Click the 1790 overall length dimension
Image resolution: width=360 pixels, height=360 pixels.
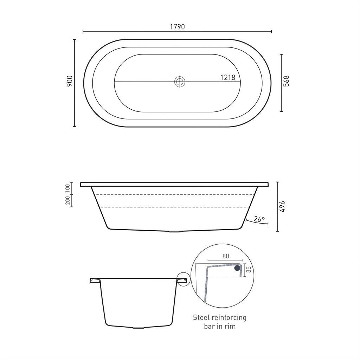point(177,27)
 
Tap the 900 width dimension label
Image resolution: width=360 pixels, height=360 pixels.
point(69,81)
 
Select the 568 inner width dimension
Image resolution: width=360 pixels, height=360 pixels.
point(286,81)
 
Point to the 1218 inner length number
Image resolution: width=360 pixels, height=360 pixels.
point(228,77)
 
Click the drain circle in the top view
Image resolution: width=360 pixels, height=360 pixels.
point(180,82)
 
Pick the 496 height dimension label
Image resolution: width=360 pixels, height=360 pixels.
point(282,206)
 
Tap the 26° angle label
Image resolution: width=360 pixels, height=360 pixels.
point(259,219)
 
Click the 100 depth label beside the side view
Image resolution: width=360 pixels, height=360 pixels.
point(67,188)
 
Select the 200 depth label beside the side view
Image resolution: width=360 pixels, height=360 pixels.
point(67,200)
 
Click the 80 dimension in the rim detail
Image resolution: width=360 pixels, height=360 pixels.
point(226,256)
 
